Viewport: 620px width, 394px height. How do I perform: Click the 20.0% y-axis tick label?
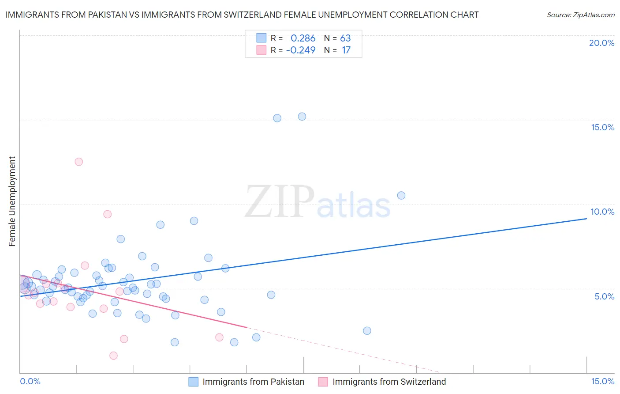click(601, 43)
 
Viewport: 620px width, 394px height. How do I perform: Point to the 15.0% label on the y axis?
click(602, 127)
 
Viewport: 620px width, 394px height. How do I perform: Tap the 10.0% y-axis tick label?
click(602, 212)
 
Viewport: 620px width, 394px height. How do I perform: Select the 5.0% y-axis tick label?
click(604, 296)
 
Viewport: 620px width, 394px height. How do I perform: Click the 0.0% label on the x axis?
click(30, 381)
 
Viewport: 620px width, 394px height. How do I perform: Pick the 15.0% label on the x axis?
click(602, 381)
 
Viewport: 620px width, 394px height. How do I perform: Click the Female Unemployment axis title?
click(12, 201)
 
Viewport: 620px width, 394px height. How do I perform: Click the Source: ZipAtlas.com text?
click(580, 15)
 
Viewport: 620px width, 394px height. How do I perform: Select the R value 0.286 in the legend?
click(303, 38)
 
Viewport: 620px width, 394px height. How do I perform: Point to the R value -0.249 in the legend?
click(301, 50)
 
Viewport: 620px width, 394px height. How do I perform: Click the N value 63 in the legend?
click(345, 38)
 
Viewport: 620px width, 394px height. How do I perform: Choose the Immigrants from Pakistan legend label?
click(253, 382)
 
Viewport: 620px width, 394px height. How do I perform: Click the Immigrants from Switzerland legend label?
click(389, 382)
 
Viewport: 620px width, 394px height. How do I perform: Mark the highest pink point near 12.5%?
click(78, 162)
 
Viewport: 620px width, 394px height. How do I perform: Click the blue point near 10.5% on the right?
click(401, 195)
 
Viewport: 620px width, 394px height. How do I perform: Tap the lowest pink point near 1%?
click(113, 356)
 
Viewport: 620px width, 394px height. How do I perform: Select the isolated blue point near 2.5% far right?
click(367, 331)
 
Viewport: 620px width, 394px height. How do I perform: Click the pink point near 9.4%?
click(107, 214)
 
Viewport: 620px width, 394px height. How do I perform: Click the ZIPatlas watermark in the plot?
click(317, 202)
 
